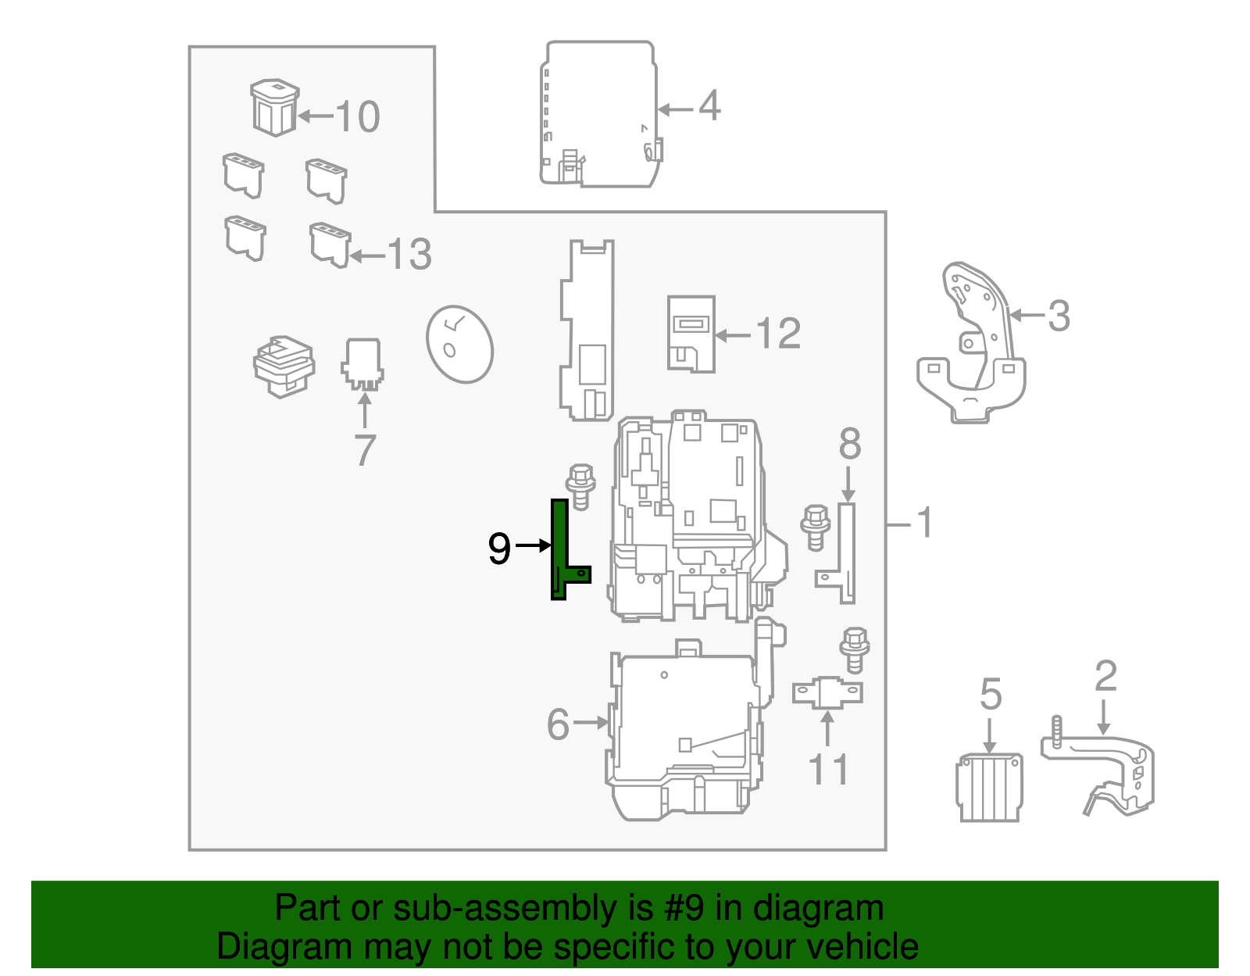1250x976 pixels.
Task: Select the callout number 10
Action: click(x=358, y=117)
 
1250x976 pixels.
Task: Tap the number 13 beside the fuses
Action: click(x=409, y=255)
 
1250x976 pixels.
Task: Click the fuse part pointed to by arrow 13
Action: click(x=330, y=245)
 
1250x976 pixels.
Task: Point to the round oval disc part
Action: click(x=459, y=344)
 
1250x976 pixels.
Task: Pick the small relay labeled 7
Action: click(x=362, y=363)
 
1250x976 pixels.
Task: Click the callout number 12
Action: click(x=778, y=334)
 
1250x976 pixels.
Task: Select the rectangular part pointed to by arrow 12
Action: click(x=691, y=334)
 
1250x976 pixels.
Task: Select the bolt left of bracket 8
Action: click(x=816, y=527)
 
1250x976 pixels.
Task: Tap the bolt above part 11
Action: click(x=854, y=649)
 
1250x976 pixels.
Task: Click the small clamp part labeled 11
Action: click(x=827, y=693)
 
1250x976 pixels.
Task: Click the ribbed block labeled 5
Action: click(x=989, y=787)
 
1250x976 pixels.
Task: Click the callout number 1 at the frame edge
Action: click(x=925, y=523)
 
